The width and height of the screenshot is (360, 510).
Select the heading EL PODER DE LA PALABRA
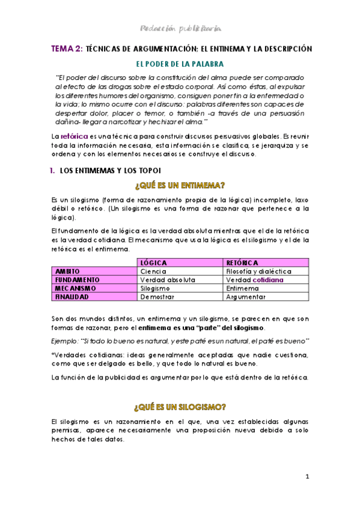tap(180, 63)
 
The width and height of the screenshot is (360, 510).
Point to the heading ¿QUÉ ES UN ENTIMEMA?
tap(180, 185)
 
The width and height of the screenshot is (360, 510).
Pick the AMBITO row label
tap(67, 271)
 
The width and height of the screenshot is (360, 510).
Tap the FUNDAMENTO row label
tap(76, 280)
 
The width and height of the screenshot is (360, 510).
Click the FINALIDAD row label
tap(72, 296)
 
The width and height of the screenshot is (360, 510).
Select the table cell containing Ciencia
tap(153, 271)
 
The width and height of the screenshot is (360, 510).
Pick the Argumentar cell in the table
tap(246, 296)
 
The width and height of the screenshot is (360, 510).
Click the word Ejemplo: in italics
tap(64, 341)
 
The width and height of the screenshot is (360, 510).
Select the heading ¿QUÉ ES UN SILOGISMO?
tap(180, 407)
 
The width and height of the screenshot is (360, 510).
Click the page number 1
tap(307, 477)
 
